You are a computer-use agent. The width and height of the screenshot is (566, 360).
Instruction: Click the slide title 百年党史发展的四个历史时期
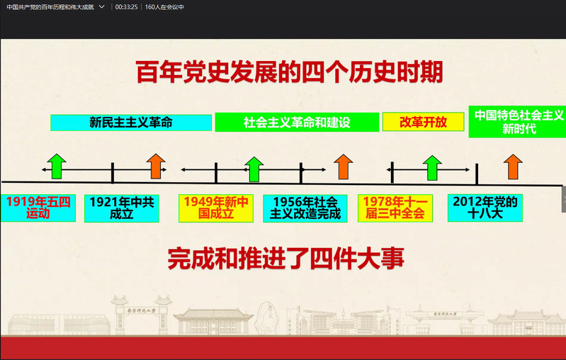coord(290,72)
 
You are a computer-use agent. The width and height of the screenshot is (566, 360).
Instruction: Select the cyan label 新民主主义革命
coord(131,123)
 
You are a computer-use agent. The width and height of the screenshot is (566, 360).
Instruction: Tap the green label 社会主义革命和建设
coord(297,123)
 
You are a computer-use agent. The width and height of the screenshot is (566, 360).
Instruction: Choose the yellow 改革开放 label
coord(423,122)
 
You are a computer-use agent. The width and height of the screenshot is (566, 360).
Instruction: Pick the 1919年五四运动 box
coord(38,208)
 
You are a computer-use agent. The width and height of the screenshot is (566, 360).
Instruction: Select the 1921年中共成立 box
coord(122,208)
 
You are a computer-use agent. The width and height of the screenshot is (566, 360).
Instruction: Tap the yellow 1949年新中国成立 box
coord(216,208)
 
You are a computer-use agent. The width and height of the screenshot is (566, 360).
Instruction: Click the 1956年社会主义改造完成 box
coord(305,208)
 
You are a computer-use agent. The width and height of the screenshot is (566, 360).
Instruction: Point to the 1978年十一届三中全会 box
coord(395,208)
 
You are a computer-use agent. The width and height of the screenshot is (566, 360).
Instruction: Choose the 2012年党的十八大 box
coord(485,208)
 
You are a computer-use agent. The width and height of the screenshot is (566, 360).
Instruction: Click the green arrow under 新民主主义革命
coord(57,166)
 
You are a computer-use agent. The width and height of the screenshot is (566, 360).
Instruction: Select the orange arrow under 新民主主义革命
coord(156,166)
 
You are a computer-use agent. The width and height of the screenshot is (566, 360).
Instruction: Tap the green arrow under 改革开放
coord(432,168)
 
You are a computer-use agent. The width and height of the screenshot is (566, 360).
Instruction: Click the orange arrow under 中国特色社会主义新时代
coord(513,167)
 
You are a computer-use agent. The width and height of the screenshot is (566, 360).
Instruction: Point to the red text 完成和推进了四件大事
coord(286,259)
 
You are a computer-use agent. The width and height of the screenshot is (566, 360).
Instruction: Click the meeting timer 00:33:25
coord(126,7)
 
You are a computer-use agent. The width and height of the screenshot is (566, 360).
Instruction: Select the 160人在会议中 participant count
coord(164,7)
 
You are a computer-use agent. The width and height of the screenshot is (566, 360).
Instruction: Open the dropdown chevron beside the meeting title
coord(102,6)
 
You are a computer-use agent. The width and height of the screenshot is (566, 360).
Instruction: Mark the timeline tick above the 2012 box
coord(477,174)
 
